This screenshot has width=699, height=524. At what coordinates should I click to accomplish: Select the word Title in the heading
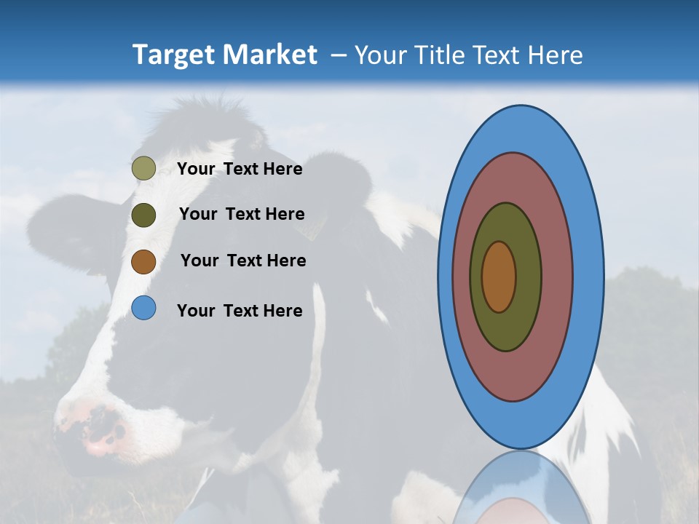[441, 55]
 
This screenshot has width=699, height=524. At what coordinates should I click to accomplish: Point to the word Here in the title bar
[557, 55]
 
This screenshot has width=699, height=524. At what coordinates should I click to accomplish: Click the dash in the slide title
[338, 55]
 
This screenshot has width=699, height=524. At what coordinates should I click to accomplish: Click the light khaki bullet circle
[143, 168]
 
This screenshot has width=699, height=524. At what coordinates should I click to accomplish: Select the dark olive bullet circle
[143, 215]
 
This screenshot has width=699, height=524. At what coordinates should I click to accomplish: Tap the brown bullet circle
[143, 261]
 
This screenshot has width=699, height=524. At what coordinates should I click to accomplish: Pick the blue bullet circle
[143, 309]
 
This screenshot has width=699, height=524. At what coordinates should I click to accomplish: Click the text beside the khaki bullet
[240, 169]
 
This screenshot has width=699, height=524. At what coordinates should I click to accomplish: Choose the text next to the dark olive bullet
[242, 214]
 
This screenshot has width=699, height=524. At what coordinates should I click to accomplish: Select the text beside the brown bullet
[243, 261]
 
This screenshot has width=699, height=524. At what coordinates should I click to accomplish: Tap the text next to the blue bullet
[240, 311]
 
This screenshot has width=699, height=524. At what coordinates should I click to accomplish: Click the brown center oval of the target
[499, 277]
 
